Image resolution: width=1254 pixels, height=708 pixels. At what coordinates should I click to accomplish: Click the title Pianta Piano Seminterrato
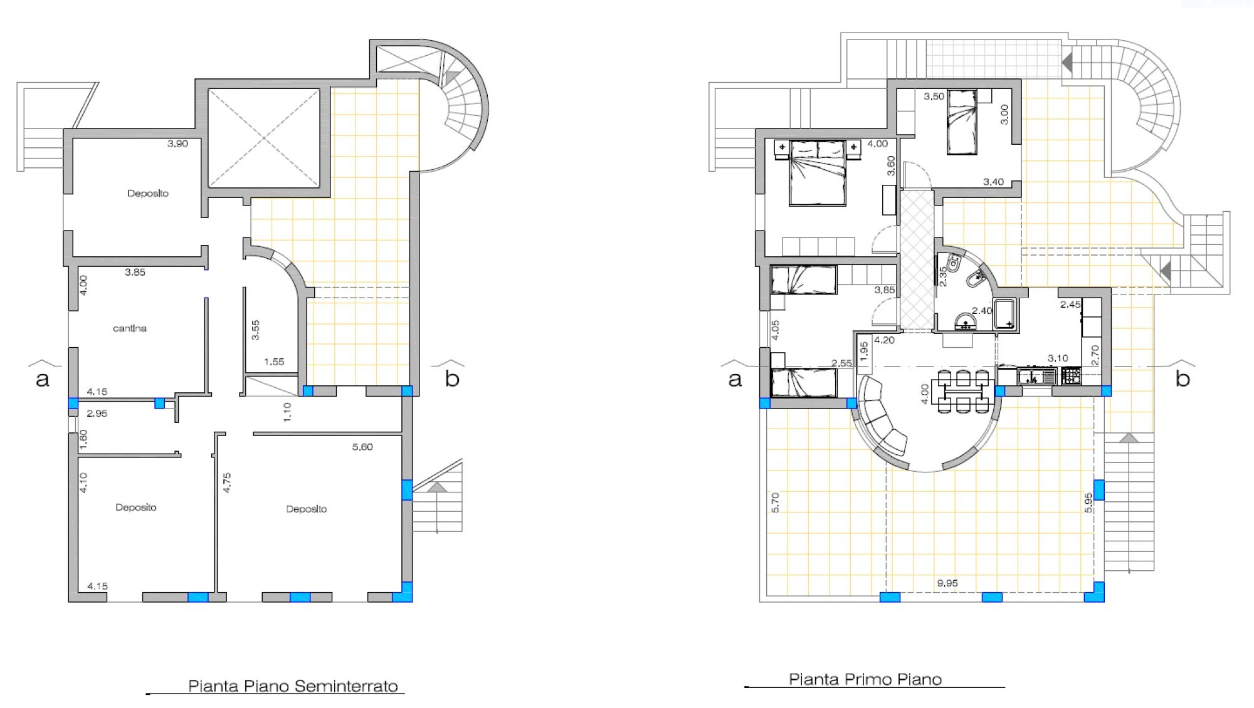(293, 686)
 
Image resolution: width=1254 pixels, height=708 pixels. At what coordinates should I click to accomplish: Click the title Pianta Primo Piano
(865, 679)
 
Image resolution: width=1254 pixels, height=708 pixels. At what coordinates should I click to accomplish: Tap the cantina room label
(130, 328)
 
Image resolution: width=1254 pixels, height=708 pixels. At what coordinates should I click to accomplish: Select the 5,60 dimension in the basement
(362, 447)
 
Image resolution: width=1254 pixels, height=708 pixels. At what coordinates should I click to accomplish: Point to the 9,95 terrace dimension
(947, 583)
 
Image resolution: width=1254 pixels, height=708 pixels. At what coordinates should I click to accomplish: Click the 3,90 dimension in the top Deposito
(177, 143)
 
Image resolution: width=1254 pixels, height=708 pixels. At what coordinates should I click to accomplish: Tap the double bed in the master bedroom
(818, 172)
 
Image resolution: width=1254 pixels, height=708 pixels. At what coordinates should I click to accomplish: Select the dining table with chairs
(960, 392)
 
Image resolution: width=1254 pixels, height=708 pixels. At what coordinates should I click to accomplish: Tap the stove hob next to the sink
(1071, 377)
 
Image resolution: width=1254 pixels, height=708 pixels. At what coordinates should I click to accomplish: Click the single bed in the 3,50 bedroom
(962, 122)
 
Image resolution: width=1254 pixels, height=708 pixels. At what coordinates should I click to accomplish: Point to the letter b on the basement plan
(452, 378)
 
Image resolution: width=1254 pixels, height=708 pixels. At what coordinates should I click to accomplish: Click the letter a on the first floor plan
(735, 379)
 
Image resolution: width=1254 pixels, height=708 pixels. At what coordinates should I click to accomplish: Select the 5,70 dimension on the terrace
(775, 502)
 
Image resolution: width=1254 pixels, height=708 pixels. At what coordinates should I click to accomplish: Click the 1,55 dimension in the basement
(274, 362)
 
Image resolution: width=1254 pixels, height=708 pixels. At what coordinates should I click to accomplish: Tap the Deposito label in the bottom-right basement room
(307, 509)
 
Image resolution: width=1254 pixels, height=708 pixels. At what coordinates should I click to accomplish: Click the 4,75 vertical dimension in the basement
(227, 483)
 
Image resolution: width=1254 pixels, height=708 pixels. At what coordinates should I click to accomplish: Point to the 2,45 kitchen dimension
(1070, 305)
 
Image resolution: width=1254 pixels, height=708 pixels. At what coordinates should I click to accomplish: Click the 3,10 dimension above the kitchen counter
(1058, 358)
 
